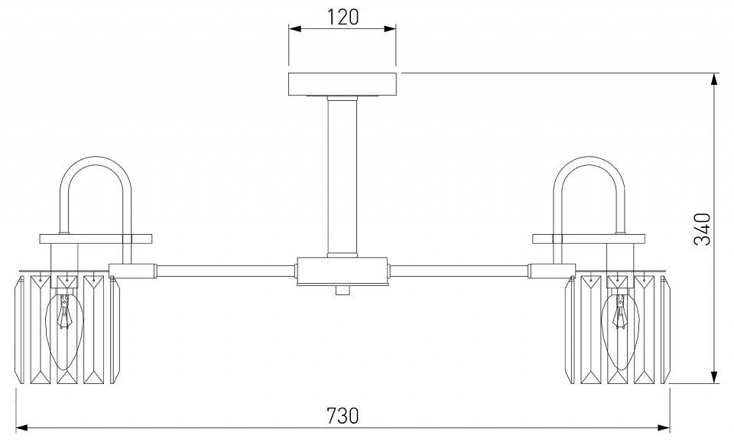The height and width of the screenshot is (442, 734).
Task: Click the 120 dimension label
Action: coord(343,18)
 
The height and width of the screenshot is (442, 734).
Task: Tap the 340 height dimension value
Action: coord(702,229)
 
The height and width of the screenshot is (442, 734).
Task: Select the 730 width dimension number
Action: coord(343,415)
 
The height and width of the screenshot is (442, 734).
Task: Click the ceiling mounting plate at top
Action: coord(343,84)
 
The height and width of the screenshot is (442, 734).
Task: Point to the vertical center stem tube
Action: coord(343,177)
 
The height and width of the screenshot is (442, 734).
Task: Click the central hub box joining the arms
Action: coord(343,271)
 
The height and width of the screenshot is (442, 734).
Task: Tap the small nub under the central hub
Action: coord(343,291)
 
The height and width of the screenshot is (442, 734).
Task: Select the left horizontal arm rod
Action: coord(226,271)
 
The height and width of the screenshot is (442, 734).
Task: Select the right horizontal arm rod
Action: coord(459,271)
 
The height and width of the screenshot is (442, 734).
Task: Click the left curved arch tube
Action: coord(96,161)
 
